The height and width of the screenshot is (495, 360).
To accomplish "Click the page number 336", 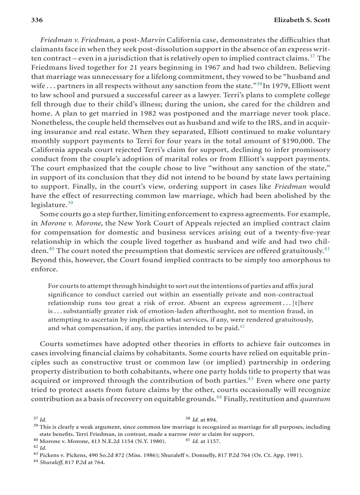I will point(37,20).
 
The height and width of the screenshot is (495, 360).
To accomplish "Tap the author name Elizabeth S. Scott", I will point(302,20).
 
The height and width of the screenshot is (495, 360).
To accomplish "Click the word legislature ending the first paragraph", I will point(48,205).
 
